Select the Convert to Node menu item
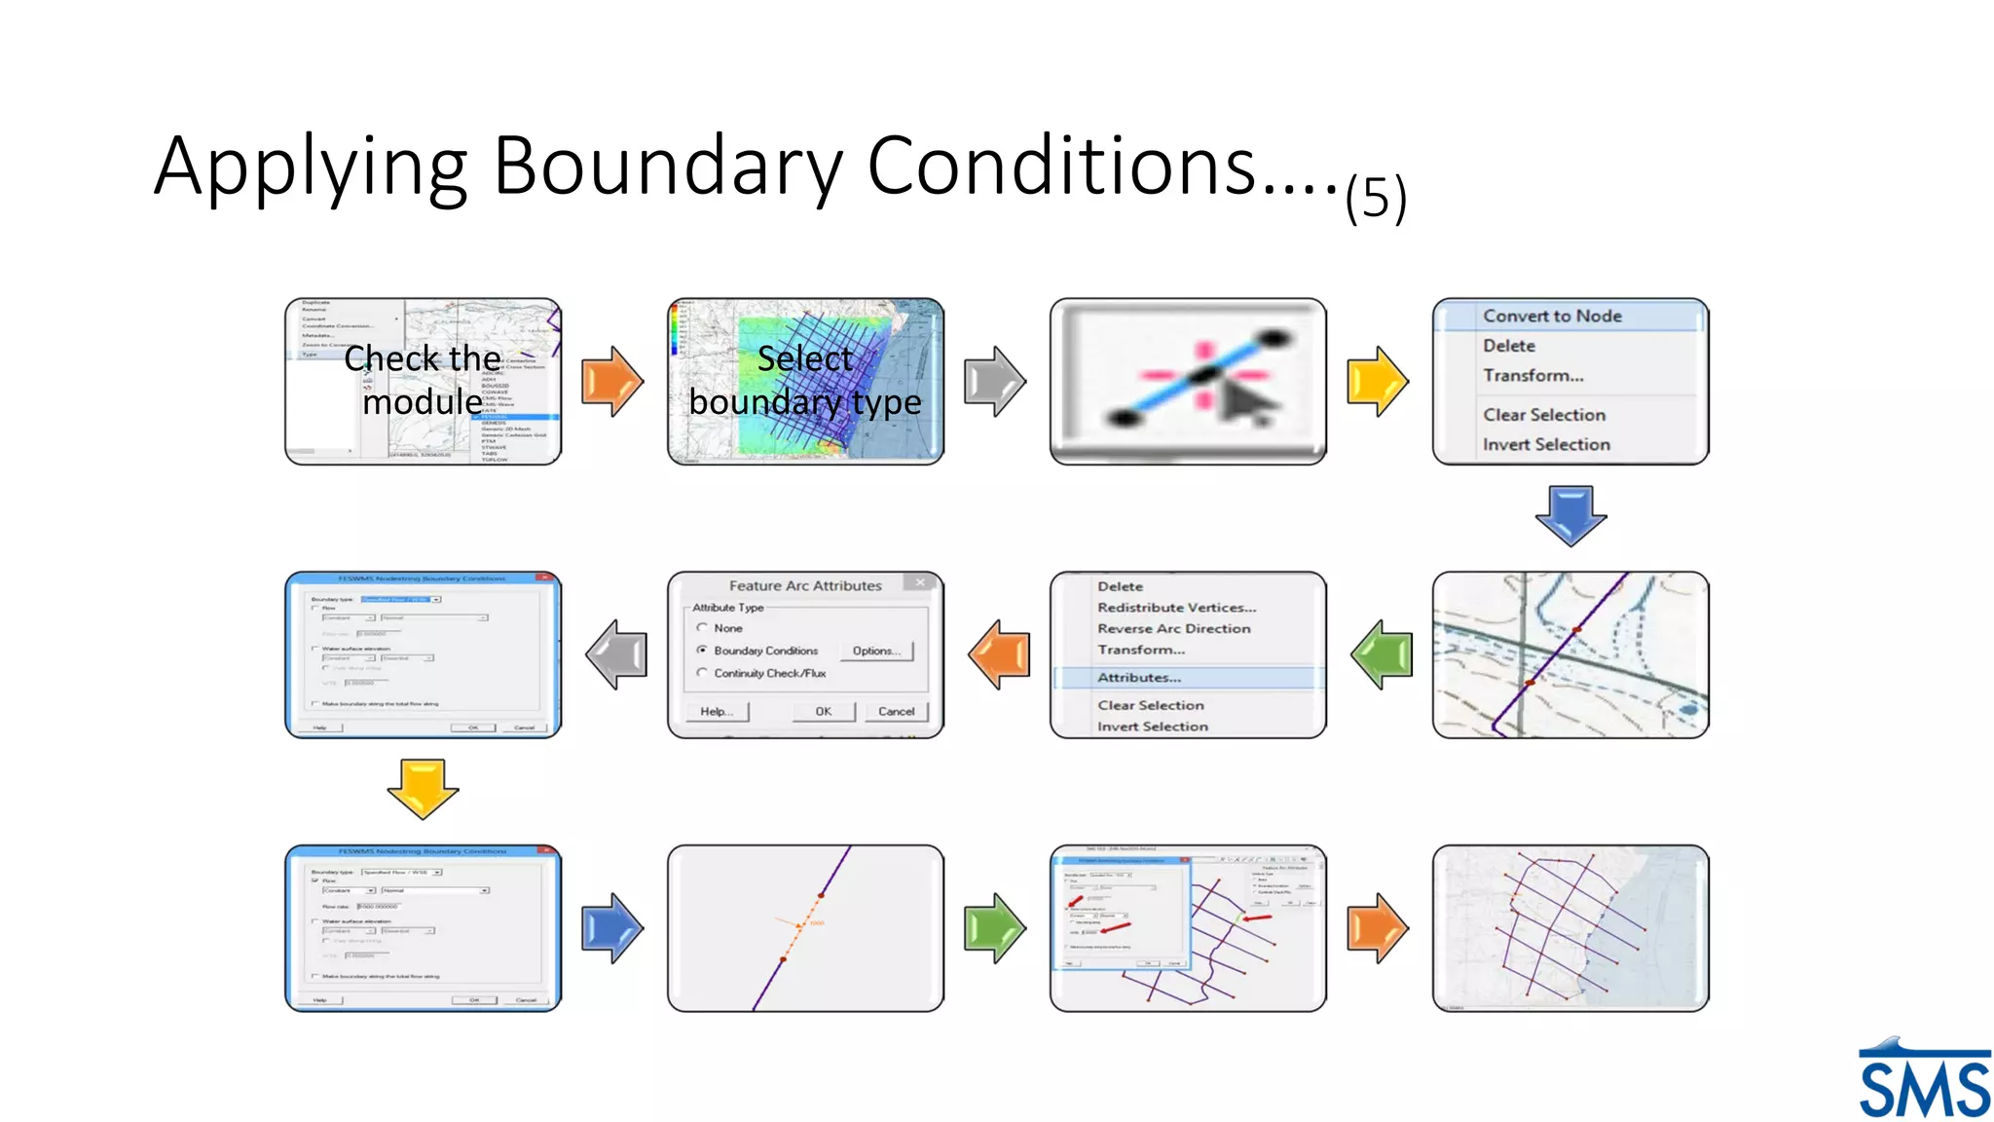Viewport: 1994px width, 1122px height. pyautogui.click(x=1552, y=316)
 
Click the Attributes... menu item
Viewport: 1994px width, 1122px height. pyautogui.click(x=1139, y=677)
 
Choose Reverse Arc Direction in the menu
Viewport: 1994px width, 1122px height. pyautogui.click(x=1173, y=628)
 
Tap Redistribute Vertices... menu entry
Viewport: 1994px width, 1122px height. pyautogui.click(x=1176, y=607)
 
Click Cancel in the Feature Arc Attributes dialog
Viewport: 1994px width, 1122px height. pyautogui.click(x=896, y=711)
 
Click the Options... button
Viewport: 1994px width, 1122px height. pyautogui.click(x=876, y=651)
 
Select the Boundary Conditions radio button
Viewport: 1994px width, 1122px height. pyautogui.click(x=702, y=650)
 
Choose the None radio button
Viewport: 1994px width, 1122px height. pyautogui.click(x=702, y=628)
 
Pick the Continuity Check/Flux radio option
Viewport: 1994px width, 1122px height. pyautogui.click(x=702, y=673)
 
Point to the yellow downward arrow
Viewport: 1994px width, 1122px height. pyautogui.click(x=423, y=788)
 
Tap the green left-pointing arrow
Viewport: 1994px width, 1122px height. pyautogui.click(x=1382, y=654)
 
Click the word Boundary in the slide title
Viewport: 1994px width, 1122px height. pyautogui.click(x=668, y=167)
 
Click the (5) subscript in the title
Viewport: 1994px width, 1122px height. pyautogui.click(x=1376, y=198)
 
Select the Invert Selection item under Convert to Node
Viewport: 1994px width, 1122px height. pyautogui.click(x=1546, y=444)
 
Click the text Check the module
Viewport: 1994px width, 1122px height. pyautogui.click(x=423, y=380)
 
